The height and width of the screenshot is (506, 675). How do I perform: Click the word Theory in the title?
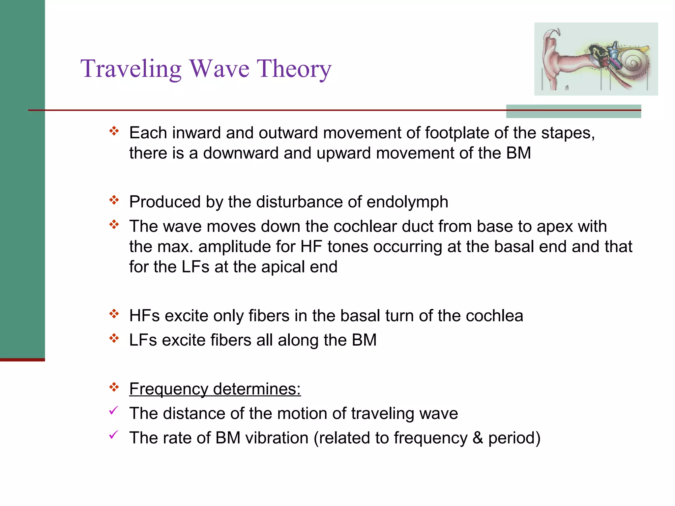294,69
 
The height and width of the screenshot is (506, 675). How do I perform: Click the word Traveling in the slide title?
131,69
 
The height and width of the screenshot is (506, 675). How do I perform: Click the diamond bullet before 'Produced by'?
114,200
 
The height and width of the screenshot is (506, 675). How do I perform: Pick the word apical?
283,267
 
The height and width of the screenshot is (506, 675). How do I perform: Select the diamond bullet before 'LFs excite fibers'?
114,338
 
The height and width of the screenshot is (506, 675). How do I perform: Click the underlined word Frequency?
168,389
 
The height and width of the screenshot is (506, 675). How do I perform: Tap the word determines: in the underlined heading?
257,389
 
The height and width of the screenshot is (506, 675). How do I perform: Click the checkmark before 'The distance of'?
113,411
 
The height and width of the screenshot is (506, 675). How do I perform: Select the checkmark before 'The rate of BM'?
113,435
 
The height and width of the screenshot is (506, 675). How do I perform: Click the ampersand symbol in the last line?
478,438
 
